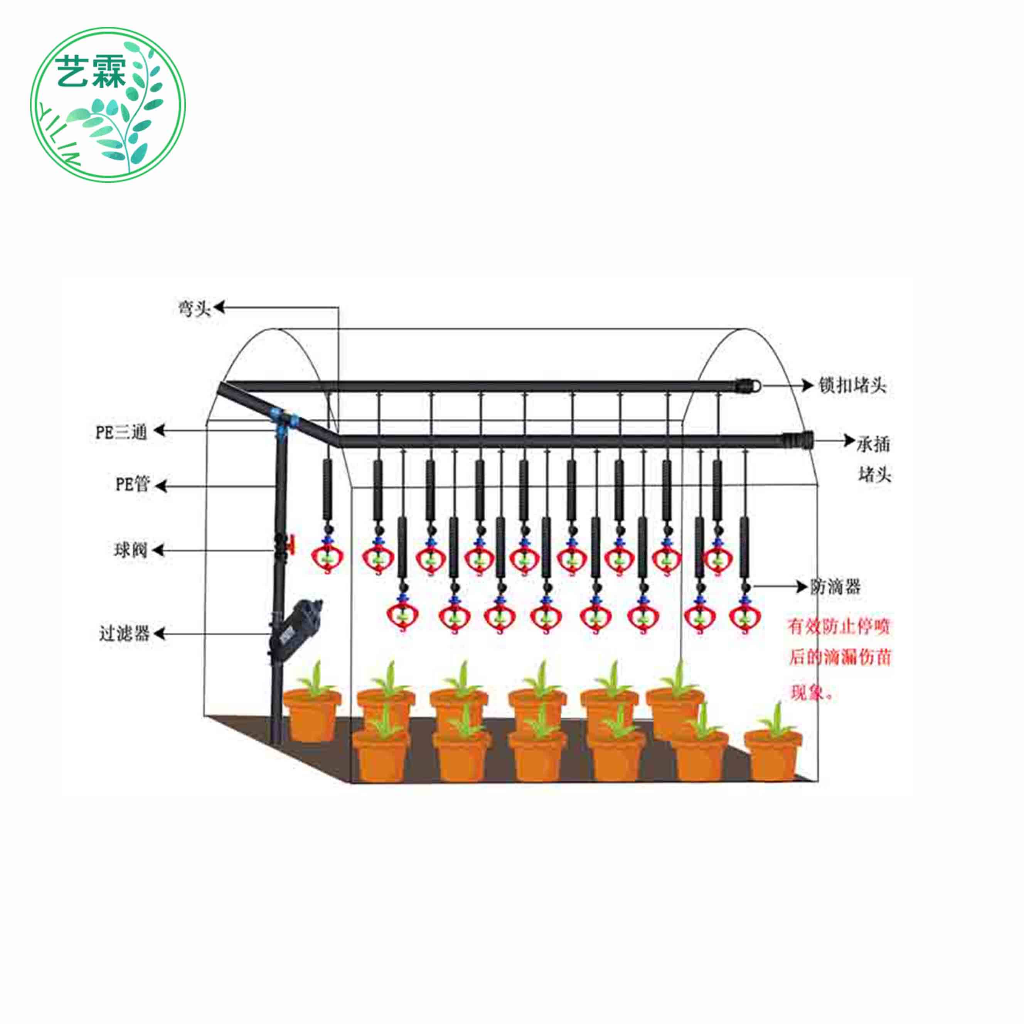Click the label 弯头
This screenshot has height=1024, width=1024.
tap(194, 308)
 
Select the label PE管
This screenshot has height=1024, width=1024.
tap(133, 484)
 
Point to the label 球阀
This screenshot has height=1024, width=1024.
tap(130, 550)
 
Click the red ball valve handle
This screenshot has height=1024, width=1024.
tap(290, 543)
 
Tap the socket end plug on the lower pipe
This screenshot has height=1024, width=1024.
tap(798, 440)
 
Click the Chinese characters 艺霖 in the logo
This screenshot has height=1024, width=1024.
tap(91, 72)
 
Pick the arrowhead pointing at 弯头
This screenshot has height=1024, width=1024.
tap(219, 307)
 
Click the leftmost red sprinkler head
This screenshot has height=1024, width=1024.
tap(327, 557)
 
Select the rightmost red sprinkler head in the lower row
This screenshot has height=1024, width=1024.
tap(746, 616)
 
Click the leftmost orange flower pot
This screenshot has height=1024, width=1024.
tap(312, 713)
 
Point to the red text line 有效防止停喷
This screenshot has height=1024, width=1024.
tap(838, 627)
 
